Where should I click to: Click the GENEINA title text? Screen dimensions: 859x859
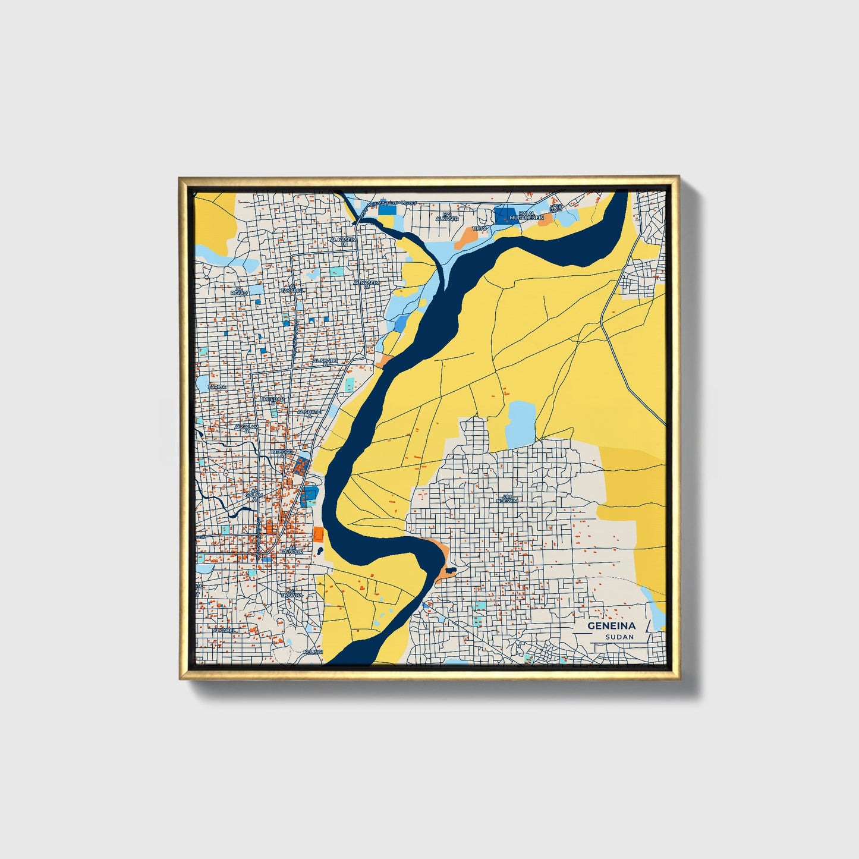[612, 626]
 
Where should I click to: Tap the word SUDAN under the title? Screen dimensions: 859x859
[619, 637]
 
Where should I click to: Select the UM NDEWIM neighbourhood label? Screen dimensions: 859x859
[510, 498]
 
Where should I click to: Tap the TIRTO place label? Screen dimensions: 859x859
[479, 228]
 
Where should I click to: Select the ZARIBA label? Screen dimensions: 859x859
[216, 387]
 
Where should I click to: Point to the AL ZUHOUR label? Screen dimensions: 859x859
[292, 549]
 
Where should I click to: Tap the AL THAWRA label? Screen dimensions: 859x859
[292, 593]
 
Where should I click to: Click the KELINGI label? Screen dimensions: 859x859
[311, 652]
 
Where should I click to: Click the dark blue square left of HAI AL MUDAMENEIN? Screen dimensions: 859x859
[505, 215]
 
